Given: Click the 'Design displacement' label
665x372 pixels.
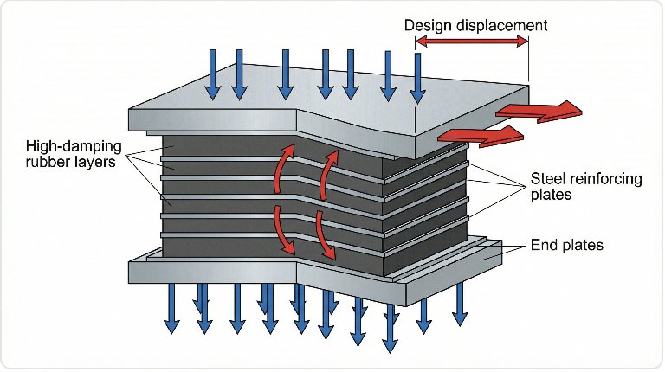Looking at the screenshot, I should pyautogui.click(x=475, y=25).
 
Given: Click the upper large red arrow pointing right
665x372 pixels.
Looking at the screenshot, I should pyautogui.click(x=538, y=111).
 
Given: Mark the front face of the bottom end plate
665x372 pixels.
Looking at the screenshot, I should pyautogui.click(x=216, y=272).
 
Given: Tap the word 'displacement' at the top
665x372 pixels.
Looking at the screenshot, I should pyautogui.click(x=502, y=25).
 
